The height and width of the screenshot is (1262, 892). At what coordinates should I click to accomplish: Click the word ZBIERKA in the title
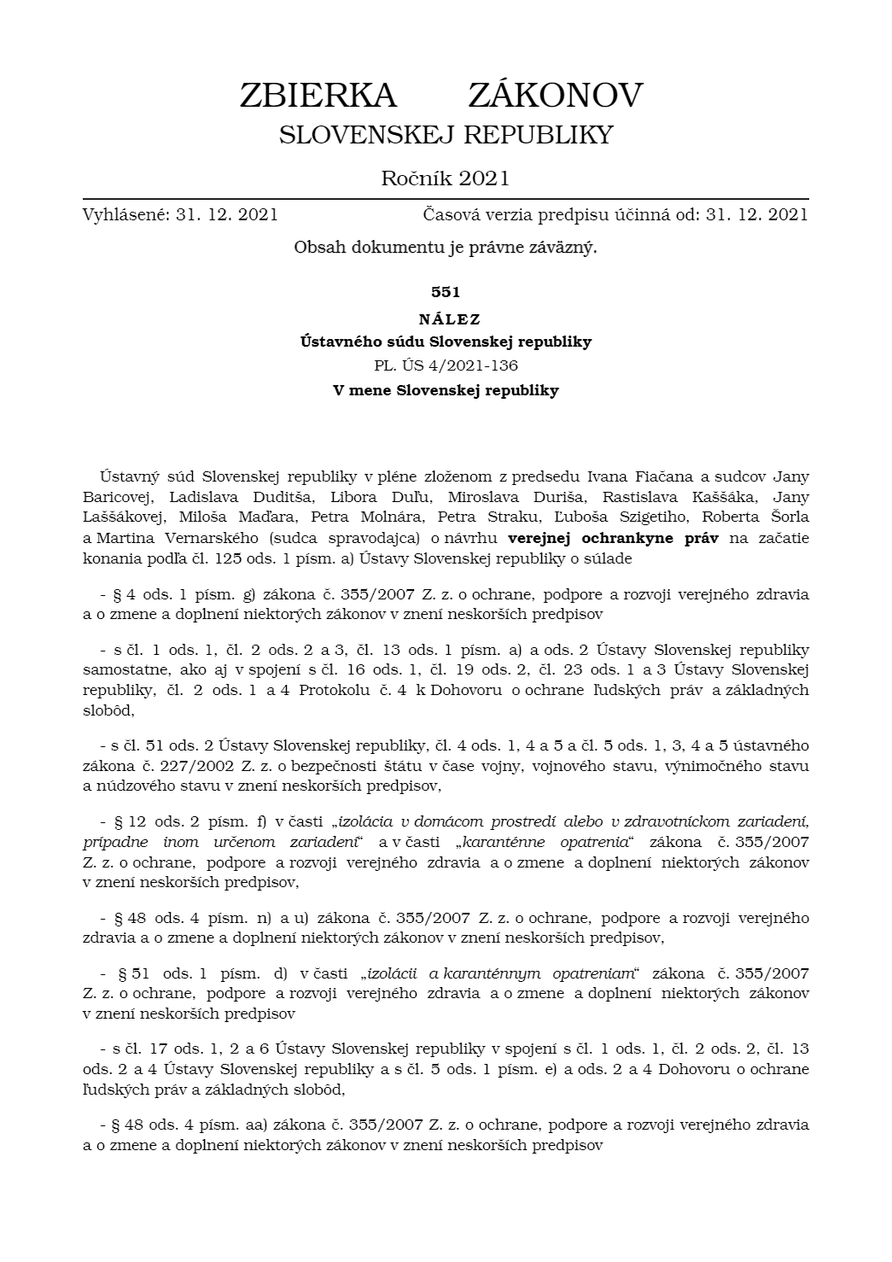click(x=318, y=96)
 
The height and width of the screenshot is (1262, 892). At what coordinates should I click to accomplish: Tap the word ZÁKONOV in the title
click(x=555, y=96)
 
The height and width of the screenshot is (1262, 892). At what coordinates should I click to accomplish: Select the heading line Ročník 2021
click(x=445, y=178)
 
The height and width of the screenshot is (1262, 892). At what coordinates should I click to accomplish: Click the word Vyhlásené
click(x=125, y=214)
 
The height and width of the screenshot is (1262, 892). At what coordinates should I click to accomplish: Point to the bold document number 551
click(x=446, y=292)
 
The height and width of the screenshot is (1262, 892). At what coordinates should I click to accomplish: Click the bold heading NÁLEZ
click(x=446, y=319)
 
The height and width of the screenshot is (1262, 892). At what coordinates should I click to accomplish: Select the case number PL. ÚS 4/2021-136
click(x=446, y=365)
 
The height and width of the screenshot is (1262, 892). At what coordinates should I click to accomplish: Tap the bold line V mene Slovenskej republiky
click(x=446, y=391)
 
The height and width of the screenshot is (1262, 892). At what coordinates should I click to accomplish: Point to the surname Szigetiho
click(x=653, y=517)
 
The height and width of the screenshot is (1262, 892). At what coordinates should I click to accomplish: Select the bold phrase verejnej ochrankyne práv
click(x=613, y=539)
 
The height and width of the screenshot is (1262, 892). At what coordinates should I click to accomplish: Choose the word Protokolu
click(x=334, y=690)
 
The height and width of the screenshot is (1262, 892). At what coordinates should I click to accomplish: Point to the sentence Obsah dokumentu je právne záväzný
click(x=446, y=248)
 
